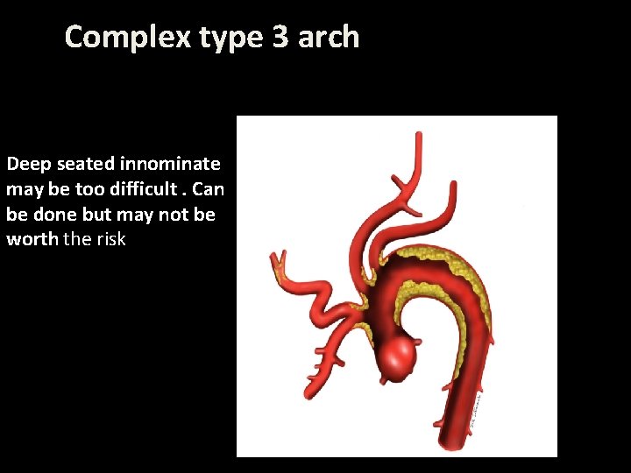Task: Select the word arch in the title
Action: (x=328, y=37)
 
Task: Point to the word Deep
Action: (x=29, y=164)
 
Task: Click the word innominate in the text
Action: (x=170, y=164)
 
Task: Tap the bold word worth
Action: (x=32, y=239)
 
